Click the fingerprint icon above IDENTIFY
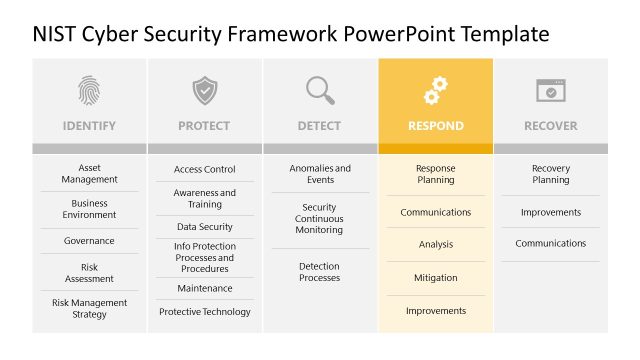(x=89, y=90)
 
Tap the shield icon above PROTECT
(x=205, y=90)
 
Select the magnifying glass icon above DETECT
(x=320, y=90)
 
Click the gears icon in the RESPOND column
(x=436, y=90)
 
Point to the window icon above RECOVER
(x=551, y=90)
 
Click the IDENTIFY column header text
(x=89, y=126)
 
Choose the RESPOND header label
(x=436, y=126)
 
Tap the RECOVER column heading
(x=551, y=126)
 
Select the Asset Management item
(x=89, y=174)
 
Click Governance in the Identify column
(x=89, y=241)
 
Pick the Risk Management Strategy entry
(x=89, y=308)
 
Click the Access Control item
(x=205, y=170)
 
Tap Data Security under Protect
(x=205, y=227)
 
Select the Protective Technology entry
(x=205, y=312)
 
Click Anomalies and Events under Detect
(x=320, y=174)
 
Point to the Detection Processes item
(x=320, y=272)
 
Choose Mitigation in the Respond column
(x=436, y=278)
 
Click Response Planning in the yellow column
(x=436, y=174)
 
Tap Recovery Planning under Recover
(x=551, y=174)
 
